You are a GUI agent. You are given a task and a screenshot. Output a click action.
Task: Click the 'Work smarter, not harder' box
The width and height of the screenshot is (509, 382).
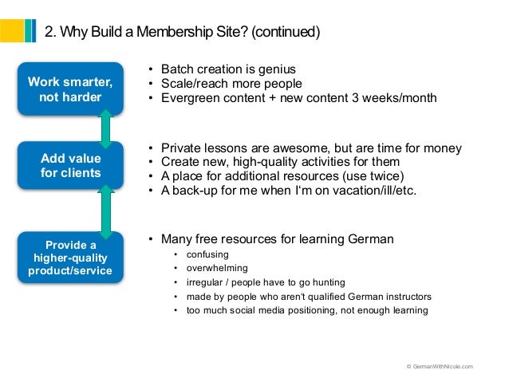click(70, 89)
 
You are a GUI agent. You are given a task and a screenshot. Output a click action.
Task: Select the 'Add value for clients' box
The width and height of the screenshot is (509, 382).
click(70, 165)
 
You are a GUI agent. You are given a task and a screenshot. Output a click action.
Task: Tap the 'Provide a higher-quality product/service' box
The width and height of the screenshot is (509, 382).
click(70, 258)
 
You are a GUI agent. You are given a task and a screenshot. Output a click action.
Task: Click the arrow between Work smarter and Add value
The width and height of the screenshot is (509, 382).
click(105, 128)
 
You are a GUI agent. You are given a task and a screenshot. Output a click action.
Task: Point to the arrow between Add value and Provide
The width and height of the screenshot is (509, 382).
click(105, 211)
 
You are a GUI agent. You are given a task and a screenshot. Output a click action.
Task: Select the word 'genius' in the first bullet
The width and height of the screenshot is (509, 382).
click(276, 69)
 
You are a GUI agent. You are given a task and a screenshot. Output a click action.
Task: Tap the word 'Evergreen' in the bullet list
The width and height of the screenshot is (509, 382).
click(189, 98)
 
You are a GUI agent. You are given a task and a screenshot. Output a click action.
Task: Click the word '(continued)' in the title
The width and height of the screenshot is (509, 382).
click(285, 32)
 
